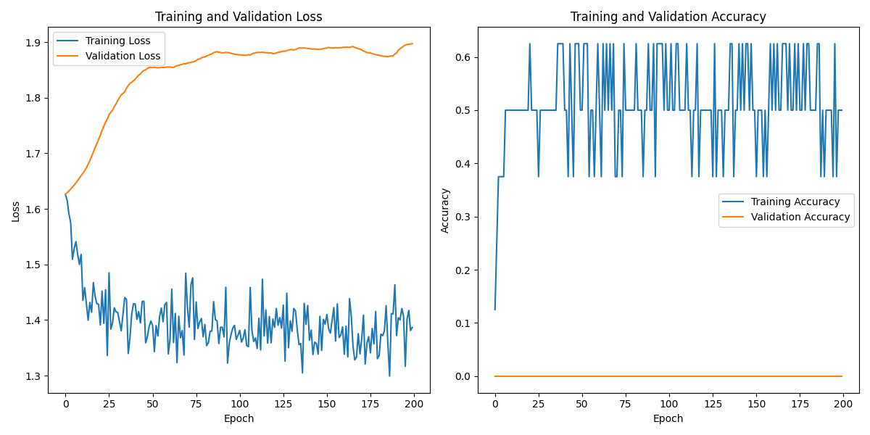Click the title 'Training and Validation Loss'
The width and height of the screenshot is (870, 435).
[239, 17]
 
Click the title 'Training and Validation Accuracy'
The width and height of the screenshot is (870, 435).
[668, 17]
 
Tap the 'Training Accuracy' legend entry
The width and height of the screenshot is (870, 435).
[795, 202]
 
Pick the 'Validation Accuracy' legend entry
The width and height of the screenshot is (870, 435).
[800, 217]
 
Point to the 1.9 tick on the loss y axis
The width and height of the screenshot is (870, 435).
[35, 43]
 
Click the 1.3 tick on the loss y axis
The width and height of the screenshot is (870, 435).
[35, 376]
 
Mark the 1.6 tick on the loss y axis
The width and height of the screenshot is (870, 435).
[35, 210]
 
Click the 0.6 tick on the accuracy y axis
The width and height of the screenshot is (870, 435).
[464, 57]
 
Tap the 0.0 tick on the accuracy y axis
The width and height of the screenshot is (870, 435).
[464, 376]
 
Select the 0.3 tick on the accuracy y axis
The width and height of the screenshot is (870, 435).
[464, 217]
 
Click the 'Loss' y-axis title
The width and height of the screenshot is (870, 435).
[15, 211]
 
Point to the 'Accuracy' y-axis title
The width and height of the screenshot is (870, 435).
[445, 210]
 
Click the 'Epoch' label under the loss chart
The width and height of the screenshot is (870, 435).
[239, 418]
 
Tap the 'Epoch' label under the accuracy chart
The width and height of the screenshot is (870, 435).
[668, 418]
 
